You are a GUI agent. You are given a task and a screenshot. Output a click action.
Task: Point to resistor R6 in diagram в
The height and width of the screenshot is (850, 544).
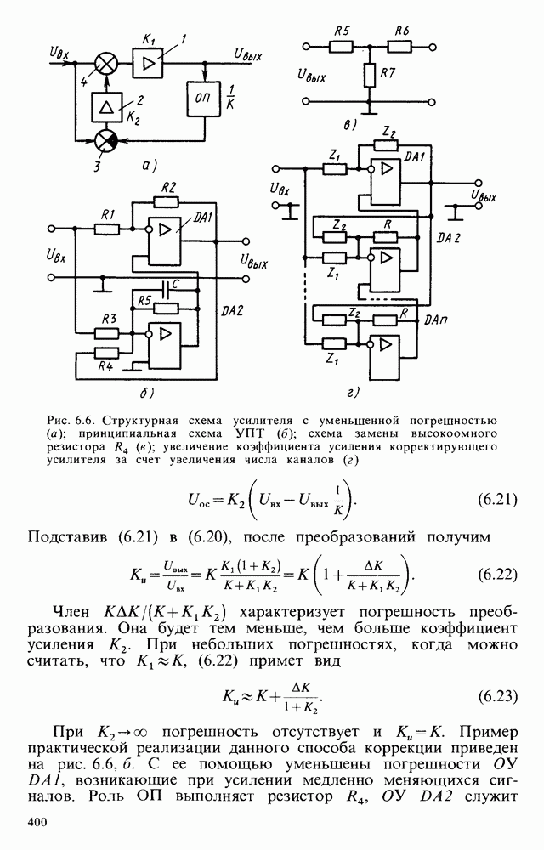point(401,46)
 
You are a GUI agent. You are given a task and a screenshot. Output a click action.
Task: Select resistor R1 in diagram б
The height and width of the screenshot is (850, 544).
point(106,228)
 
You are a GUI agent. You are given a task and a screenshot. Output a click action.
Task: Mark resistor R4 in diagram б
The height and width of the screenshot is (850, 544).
point(106,352)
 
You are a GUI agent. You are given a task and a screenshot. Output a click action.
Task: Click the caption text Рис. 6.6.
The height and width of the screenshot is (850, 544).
point(71,421)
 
